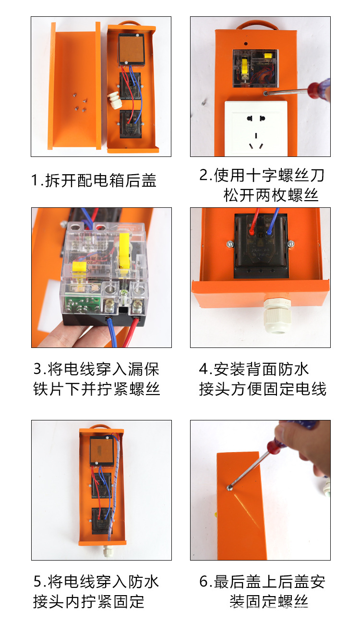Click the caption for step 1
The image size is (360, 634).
tap(94, 181)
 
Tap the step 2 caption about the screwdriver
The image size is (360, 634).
tap(262, 185)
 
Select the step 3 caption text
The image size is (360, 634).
tap(96, 379)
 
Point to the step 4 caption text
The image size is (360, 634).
tap(262, 379)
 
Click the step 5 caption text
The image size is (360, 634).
tap(96, 591)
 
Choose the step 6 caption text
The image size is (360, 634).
tap(262, 591)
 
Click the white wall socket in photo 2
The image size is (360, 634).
tap(256, 128)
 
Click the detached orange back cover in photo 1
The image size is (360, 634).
tap(74, 86)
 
